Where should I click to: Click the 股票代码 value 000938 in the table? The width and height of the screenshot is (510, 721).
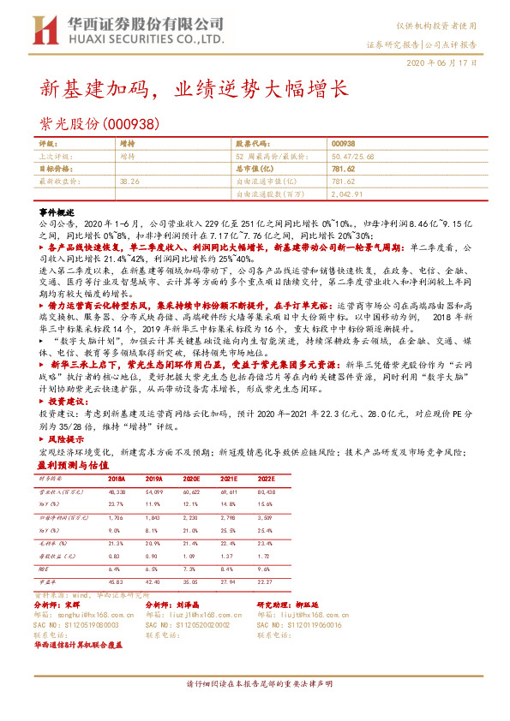click(343, 144)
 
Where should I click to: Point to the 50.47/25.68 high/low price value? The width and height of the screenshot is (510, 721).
click(353, 157)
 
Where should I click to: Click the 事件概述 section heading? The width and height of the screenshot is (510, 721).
click(58, 211)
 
